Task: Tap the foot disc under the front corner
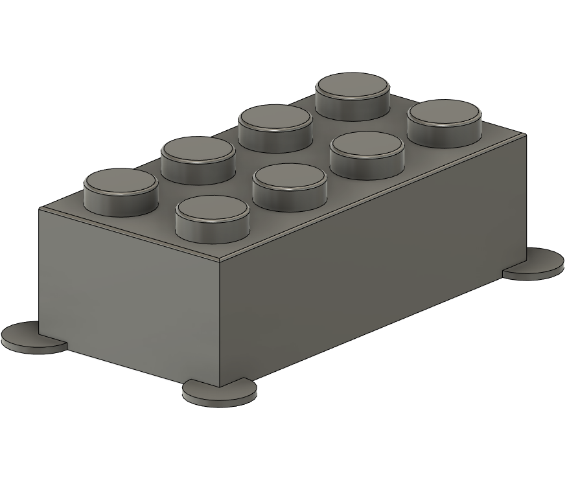pos(219,391)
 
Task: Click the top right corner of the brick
pos(525,135)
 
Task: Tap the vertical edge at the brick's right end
pos(525,194)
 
